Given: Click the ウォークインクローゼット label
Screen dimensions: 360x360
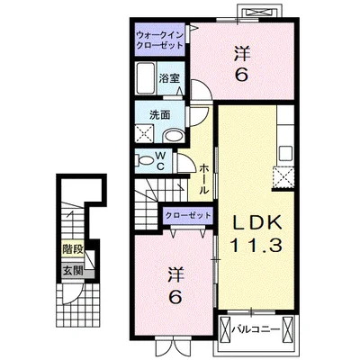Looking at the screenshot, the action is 159,40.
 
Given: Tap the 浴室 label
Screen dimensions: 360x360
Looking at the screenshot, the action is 169,78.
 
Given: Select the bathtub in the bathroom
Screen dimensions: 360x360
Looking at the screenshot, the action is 146,78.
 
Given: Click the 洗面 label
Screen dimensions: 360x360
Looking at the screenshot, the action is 160,115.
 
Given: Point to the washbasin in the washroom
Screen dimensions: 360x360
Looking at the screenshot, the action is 174,137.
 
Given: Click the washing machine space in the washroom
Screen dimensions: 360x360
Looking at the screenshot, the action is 144,133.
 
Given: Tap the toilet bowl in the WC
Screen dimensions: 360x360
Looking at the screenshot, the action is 145,160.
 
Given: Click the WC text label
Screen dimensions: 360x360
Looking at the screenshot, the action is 161,161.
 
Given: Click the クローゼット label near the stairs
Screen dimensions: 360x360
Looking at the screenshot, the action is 188,215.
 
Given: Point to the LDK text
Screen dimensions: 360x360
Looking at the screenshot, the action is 257,223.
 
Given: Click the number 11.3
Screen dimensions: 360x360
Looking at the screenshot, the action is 256,246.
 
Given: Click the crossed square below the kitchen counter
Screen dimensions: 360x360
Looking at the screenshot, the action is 283,176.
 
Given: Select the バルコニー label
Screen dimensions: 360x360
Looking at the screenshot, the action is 256,329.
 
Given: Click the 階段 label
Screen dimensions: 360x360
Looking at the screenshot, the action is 73,249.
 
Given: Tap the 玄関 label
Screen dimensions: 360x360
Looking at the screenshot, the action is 73,271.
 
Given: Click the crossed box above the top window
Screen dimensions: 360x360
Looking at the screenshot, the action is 259,13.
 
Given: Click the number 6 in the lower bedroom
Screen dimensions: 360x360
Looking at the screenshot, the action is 175,297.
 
